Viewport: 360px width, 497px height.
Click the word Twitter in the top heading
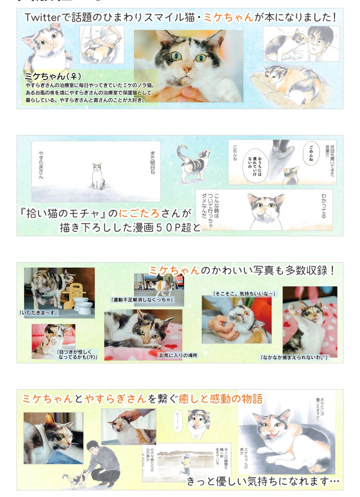pos(42,17)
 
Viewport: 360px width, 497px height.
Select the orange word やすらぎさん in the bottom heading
pos(115,399)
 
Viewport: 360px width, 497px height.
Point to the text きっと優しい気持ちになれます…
pos(263,482)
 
